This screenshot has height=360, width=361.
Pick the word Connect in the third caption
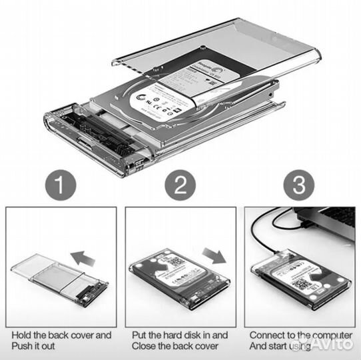[267, 335]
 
